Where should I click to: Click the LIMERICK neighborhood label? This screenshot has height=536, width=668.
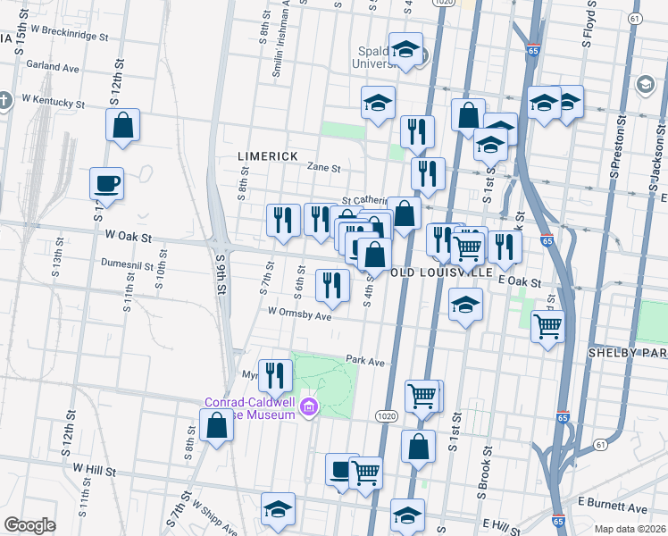tap(267, 155)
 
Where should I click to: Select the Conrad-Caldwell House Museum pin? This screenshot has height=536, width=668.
tap(309, 406)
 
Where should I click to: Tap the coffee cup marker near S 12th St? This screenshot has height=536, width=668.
tap(106, 185)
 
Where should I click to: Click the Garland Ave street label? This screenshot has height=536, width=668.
tap(53, 66)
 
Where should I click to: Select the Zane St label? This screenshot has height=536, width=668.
tap(324, 167)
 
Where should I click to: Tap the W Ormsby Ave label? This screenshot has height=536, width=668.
tap(299, 314)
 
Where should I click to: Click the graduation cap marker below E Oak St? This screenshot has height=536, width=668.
tap(465, 306)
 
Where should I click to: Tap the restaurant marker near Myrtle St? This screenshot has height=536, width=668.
tap(275, 375)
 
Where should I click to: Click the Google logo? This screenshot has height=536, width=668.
tap(29, 525)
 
